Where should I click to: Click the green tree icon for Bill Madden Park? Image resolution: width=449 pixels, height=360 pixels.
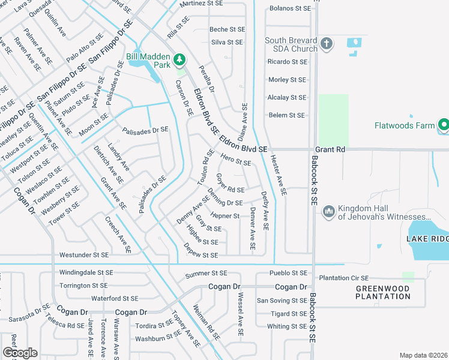tap(179, 59)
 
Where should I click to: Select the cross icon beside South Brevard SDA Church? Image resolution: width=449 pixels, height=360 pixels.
tap(327, 43)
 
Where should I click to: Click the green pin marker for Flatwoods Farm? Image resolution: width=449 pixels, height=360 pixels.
tap(444, 125)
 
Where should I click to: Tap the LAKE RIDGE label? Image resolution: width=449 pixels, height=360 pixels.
tap(427, 239)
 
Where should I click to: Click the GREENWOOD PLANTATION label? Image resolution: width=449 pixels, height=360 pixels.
tap(383, 292)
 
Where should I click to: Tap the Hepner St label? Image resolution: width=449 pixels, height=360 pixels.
tap(224, 216)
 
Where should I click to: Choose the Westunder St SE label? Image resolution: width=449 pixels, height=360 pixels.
tap(83, 255)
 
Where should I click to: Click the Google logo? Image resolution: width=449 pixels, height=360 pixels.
tap(19, 353)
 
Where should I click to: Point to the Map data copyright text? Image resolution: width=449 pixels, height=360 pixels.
tap(423, 355)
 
